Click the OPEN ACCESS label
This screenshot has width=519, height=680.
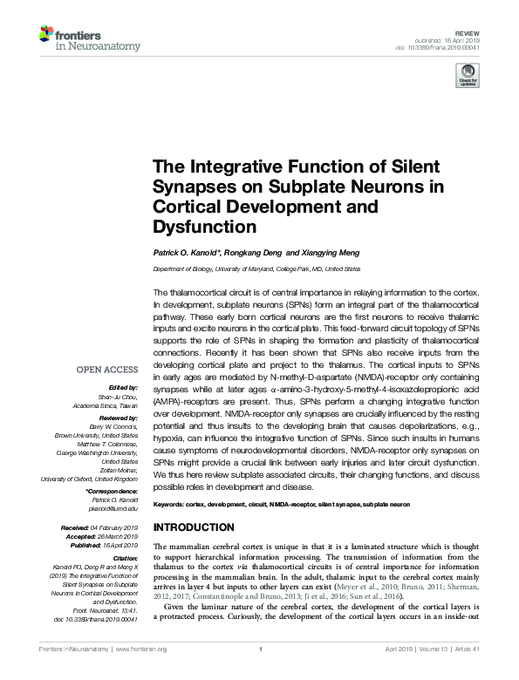(108, 369)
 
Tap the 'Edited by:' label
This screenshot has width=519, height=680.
(121, 386)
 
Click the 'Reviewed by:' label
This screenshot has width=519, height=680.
(117, 419)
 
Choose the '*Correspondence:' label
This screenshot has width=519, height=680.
(112, 492)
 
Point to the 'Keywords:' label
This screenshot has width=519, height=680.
(172, 506)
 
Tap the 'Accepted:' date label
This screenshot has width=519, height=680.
(76, 537)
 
